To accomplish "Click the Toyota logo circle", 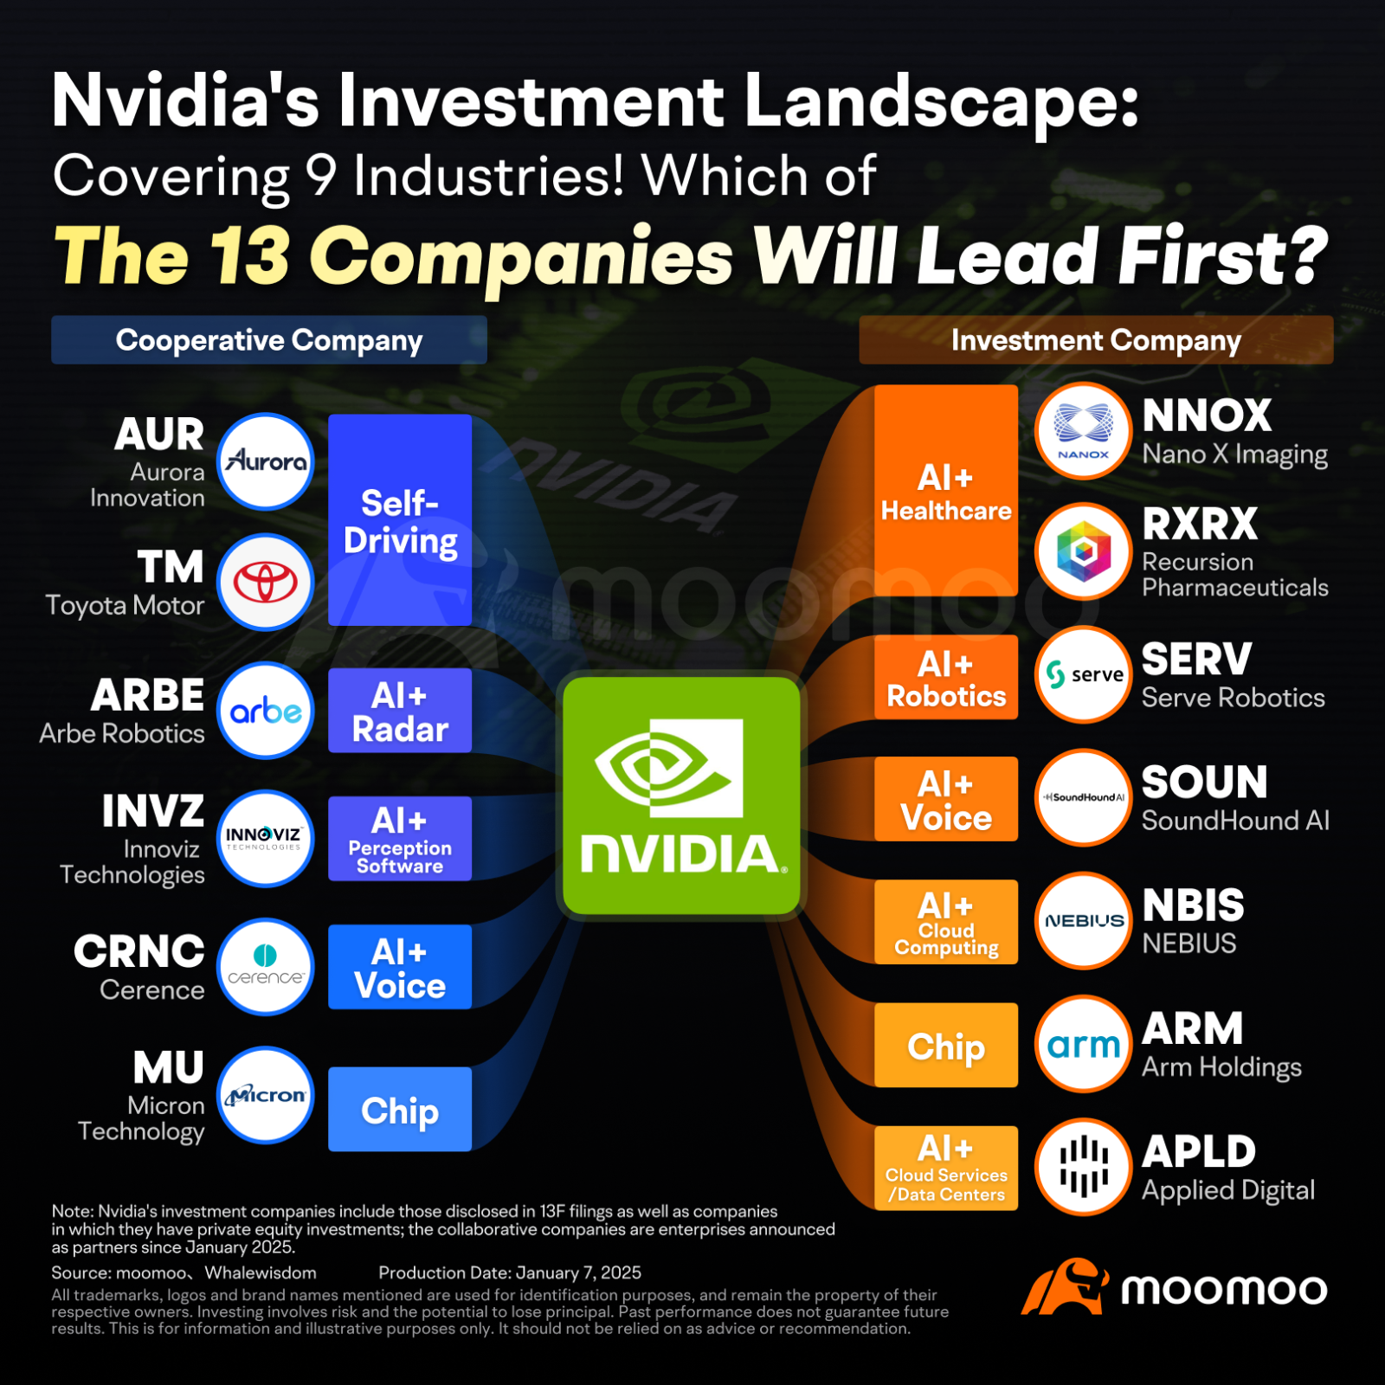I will (265, 582).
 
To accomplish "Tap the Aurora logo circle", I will (265, 461).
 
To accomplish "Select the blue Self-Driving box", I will (400, 520).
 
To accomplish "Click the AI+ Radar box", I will (400, 711).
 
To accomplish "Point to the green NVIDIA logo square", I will (681, 795).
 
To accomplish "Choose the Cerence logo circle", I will (265, 966).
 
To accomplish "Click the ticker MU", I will (169, 1067).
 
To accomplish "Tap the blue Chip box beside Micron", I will (400, 1109).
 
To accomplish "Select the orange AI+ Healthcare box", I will (946, 491).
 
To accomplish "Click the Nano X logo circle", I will (1084, 430).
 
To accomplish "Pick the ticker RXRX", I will (1200, 524).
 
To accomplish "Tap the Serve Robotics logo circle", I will (1084, 674).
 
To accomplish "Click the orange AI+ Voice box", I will (946, 799).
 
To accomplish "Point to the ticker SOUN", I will (1204, 783).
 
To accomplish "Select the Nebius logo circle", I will (1084, 920).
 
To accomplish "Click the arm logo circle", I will (1084, 1044).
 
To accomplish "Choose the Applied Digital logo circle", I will (1084, 1167).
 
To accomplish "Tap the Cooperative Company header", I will (269, 340).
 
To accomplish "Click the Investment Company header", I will (1096, 340).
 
